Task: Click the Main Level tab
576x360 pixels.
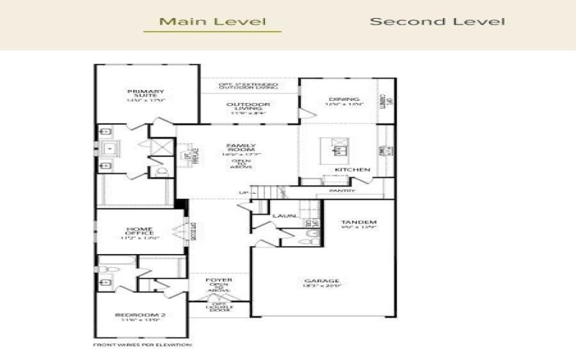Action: pyautogui.click(x=212, y=22)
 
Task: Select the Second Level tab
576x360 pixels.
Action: pyautogui.click(x=437, y=22)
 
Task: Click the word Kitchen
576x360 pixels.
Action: pyautogui.click(x=353, y=170)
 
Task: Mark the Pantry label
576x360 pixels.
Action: pyautogui.click(x=342, y=191)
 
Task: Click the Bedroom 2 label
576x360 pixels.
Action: pyautogui.click(x=140, y=315)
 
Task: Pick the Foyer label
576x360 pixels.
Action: pyautogui.click(x=219, y=279)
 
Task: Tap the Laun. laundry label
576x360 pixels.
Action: pyautogui.click(x=282, y=215)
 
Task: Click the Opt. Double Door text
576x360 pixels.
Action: pyautogui.click(x=220, y=307)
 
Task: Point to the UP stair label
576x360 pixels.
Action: pyautogui.click(x=243, y=192)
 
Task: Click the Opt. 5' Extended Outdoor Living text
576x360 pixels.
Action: pyautogui.click(x=249, y=86)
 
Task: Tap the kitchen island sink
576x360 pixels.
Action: pyautogui.click(x=338, y=150)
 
